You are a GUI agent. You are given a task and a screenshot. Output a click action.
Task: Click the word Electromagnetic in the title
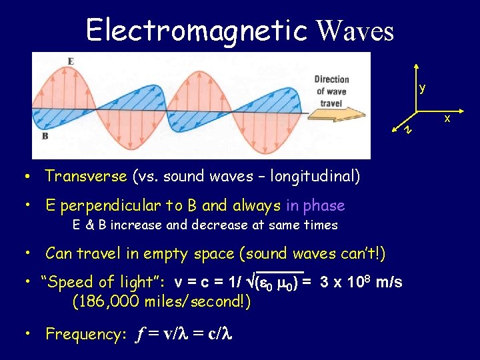(196, 30)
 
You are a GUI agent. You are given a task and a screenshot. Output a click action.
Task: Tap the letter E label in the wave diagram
(70, 61)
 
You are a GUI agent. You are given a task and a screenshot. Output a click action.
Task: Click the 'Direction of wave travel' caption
(331, 91)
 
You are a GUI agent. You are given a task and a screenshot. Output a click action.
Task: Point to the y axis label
(422, 88)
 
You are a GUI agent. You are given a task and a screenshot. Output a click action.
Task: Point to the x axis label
(447, 119)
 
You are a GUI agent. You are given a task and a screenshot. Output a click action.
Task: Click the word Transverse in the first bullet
(85, 176)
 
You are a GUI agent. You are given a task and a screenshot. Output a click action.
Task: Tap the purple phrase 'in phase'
(315, 205)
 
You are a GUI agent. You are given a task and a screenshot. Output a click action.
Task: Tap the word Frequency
(82, 334)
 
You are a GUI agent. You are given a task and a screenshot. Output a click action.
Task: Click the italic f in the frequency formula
(141, 335)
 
